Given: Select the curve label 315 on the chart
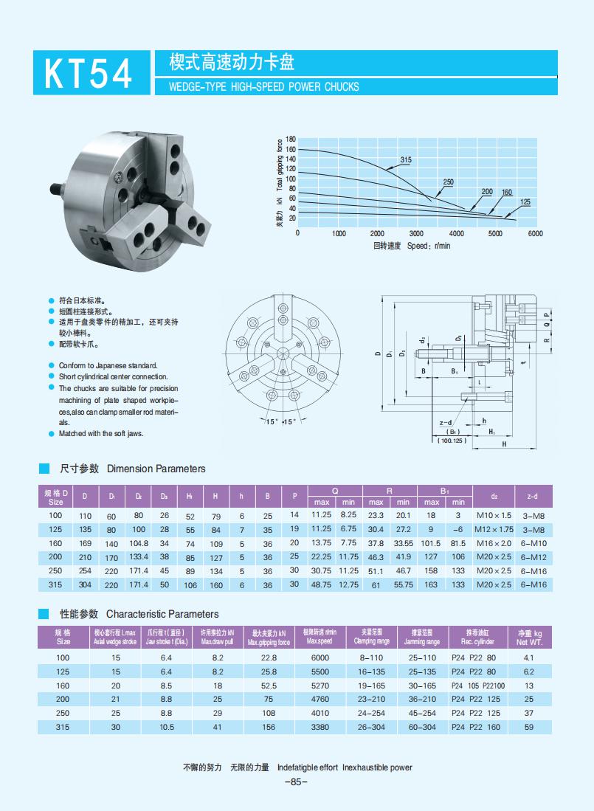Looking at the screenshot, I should [x=405, y=160].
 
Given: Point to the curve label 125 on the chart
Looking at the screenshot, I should [x=525, y=202].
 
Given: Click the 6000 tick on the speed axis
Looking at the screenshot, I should [x=535, y=233].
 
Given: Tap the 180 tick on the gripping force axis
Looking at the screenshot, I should [x=291, y=139].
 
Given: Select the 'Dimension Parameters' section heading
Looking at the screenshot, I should [x=156, y=469].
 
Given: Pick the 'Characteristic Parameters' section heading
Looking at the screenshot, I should [x=162, y=614].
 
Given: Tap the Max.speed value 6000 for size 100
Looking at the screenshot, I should [x=320, y=657].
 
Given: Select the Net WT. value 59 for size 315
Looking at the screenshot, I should [x=528, y=727].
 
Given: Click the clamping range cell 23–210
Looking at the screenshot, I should [x=372, y=699].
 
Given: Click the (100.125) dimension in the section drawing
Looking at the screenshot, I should [x=452, y=441].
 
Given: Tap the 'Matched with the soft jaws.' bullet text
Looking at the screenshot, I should [x=101, y=434].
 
